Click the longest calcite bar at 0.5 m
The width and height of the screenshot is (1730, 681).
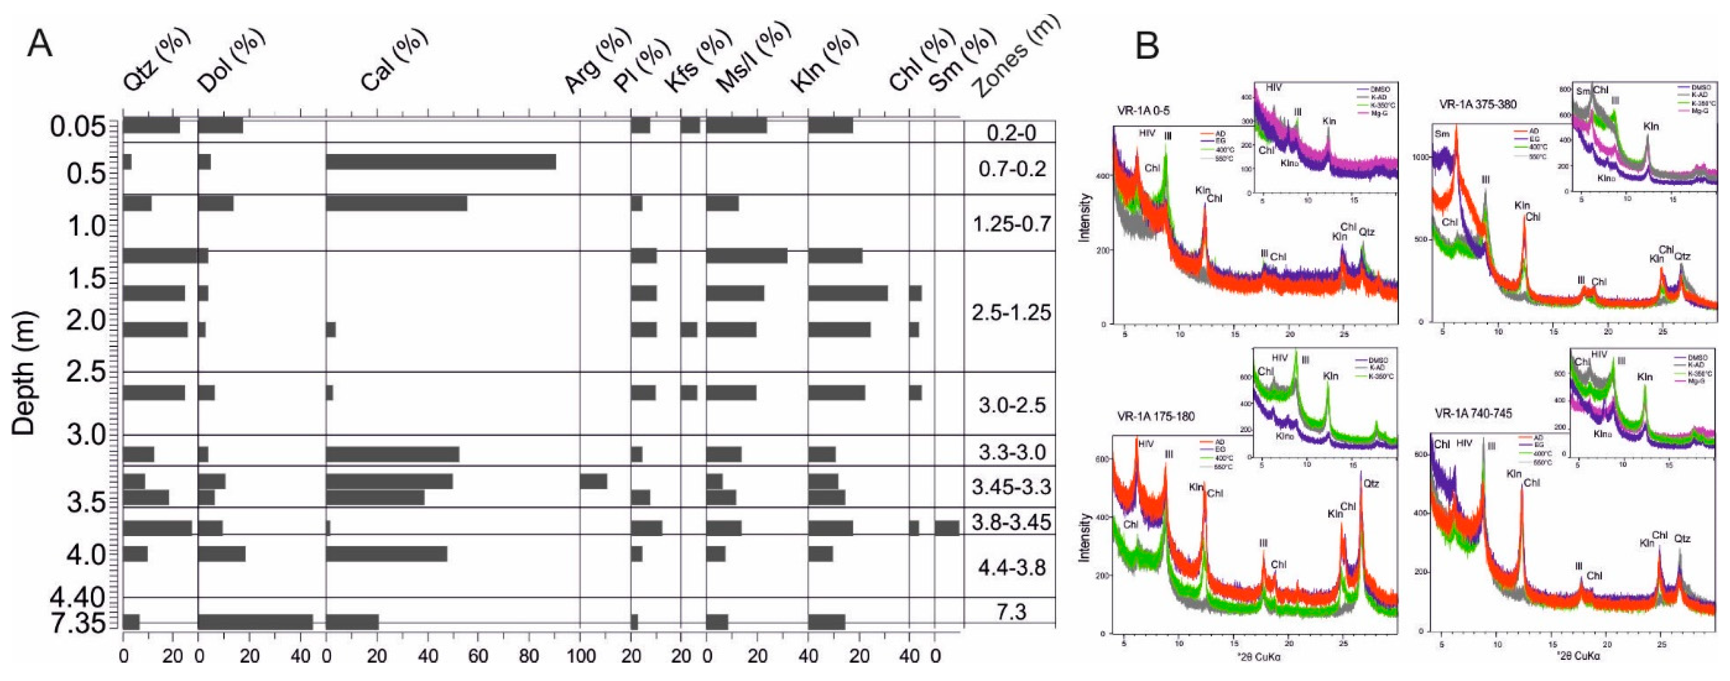(x=440, y=162)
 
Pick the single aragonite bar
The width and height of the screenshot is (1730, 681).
(x=593, y=482)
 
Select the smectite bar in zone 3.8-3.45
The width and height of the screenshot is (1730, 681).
(x=946, y=528)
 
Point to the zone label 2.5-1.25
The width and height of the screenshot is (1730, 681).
(x=1011, y=312)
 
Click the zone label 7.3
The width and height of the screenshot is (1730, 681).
(x=1011, y=612)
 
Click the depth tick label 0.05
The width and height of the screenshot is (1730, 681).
(x=78, y=126)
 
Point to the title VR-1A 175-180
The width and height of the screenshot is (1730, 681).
(x=1156, y=416)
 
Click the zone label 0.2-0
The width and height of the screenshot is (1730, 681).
(x=1011, y=133)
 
